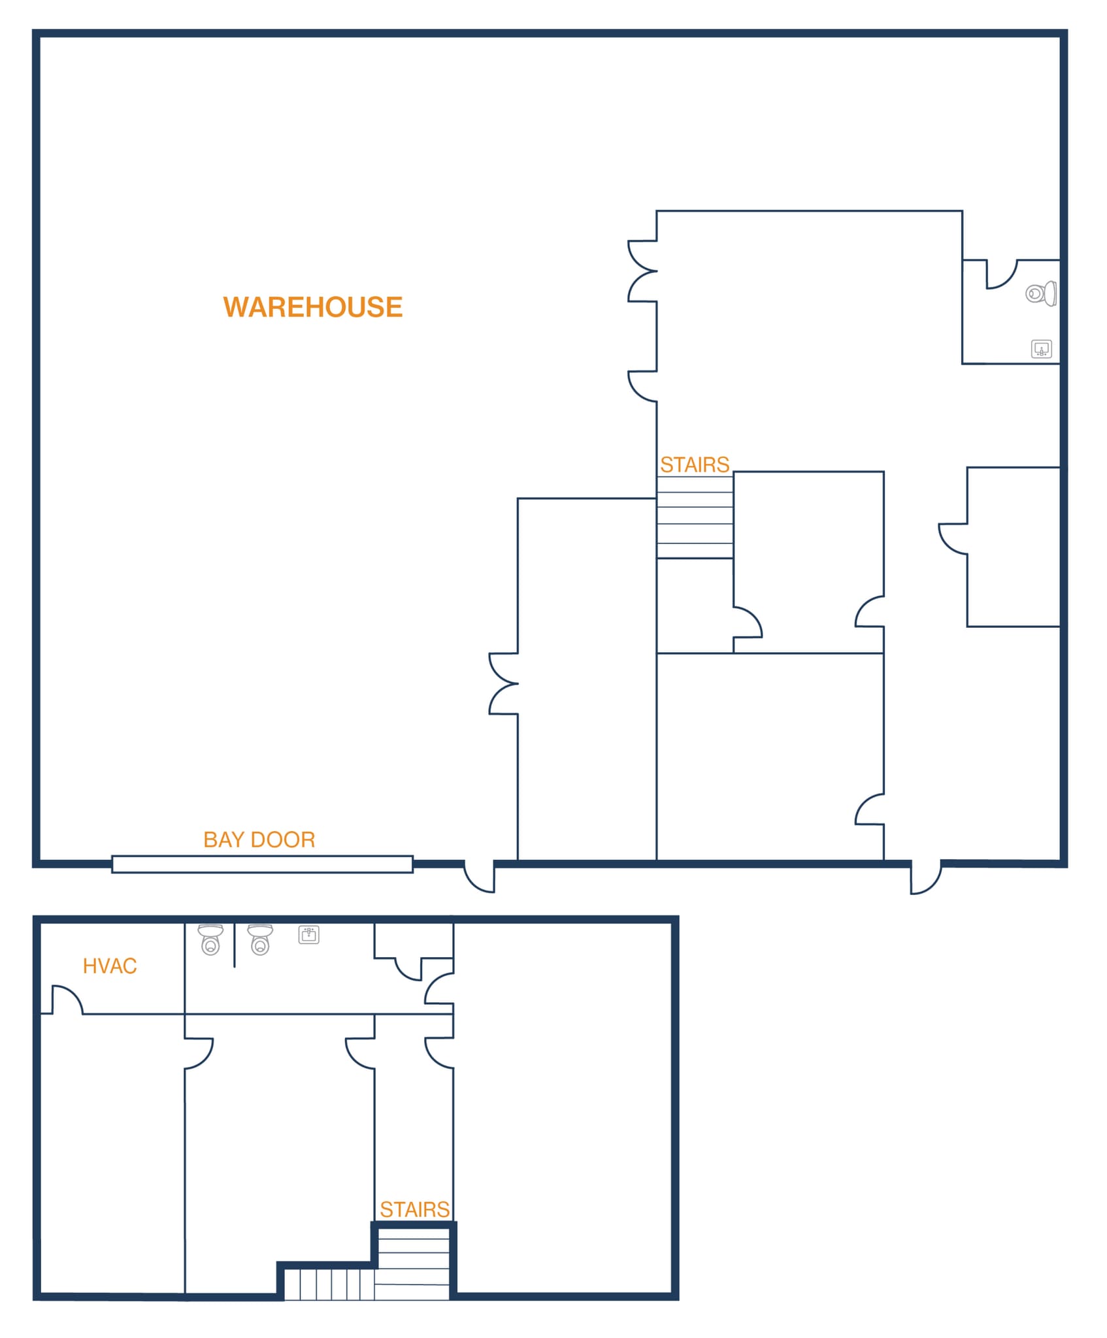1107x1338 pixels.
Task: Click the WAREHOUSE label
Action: point(312,307)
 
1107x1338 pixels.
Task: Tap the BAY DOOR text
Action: point(259,840)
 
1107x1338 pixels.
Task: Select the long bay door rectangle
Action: point(262,864)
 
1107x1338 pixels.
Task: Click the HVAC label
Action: point(110,966)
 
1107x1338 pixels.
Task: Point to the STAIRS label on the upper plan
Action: point(694,465)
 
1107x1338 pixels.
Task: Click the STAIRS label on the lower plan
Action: point(414,1209)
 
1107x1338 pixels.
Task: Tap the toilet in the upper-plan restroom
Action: point(1040,293)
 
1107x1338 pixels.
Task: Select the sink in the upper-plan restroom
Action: point(1041,349)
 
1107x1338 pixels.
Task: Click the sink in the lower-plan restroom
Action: point(308,934)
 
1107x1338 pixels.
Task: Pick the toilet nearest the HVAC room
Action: point(210,939)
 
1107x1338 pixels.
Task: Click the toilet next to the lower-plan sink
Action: point(260,939)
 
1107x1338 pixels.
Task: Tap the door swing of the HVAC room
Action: point(67,1000)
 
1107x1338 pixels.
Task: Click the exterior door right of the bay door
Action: point(480,877)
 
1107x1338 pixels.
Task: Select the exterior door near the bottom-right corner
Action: point(925,878)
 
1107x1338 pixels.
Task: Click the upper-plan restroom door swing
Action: point(1001,275)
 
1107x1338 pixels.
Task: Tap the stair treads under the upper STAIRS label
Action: point(695,517)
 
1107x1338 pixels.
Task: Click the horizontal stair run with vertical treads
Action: point(330,1284)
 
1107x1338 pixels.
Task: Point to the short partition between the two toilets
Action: point(234,944)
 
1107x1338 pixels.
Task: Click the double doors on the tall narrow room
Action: point(503,683)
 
